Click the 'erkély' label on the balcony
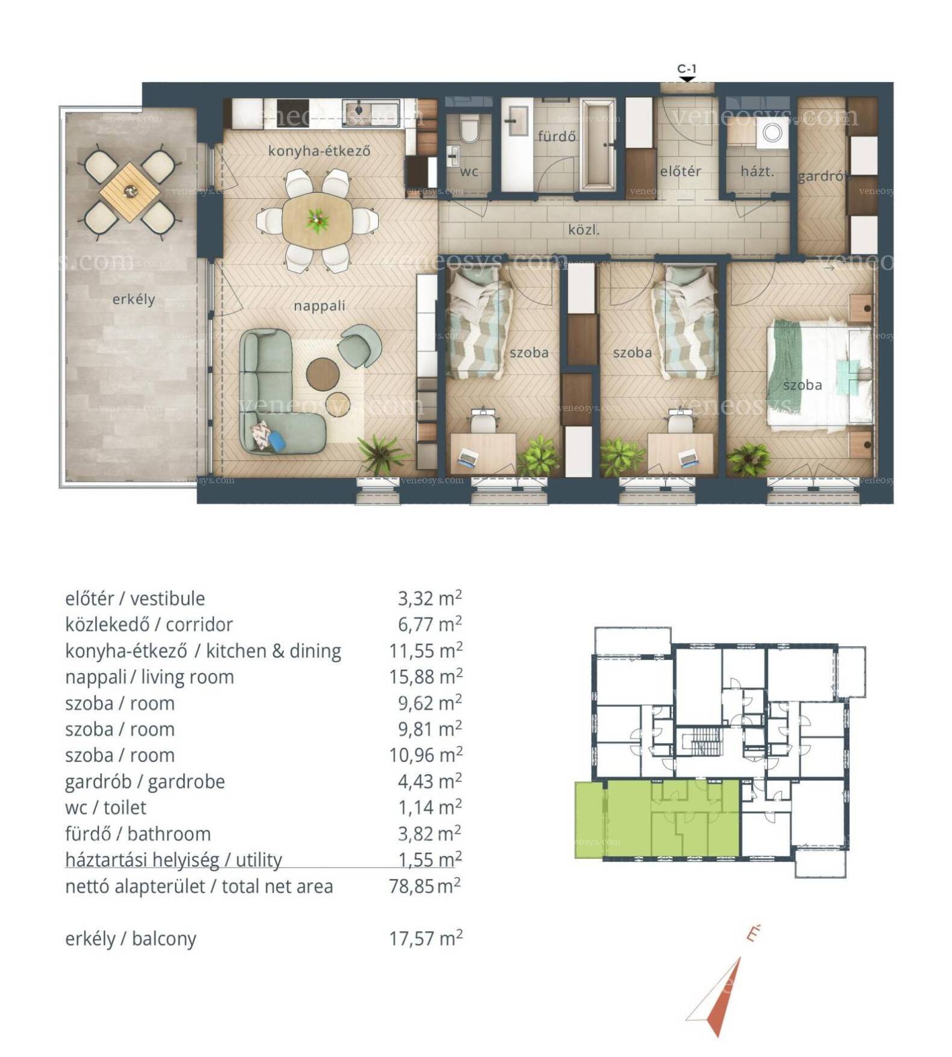point(133,300)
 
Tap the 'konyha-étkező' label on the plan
point(319,151)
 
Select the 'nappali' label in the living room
point(319,306)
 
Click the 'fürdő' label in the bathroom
point(556,136)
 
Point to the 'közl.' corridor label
point(584,230)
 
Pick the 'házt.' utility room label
point(757,172)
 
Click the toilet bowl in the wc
point(468,130)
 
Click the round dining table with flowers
point(317,220)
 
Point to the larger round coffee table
point(323,374)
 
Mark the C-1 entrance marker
point(687,72)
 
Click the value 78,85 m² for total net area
point(425,886)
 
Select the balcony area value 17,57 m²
point(425,938)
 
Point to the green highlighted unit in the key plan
point(657,819)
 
